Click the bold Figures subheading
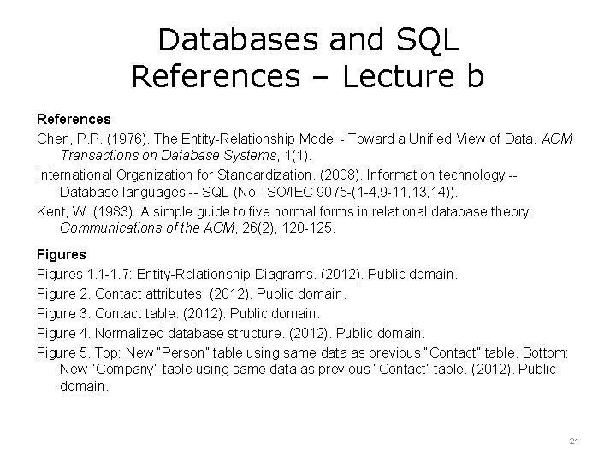tap(61, 254)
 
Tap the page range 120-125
tap(310, 229)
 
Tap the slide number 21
tap(574, 441)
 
